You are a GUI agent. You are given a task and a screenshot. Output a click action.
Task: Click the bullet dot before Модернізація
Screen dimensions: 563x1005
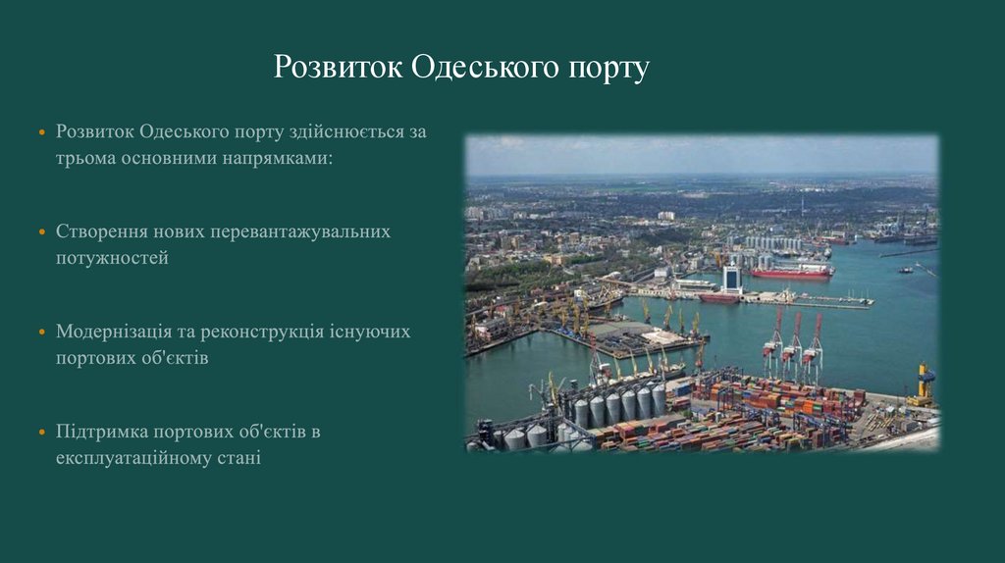click(x=41, y=333)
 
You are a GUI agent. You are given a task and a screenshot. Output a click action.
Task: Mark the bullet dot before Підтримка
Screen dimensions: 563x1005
click(x=41, y=433)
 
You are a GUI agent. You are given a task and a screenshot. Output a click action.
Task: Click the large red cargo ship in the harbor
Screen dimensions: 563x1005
click(x=791, y=273)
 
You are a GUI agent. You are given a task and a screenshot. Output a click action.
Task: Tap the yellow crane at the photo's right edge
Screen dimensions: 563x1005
click(x=923, y=382)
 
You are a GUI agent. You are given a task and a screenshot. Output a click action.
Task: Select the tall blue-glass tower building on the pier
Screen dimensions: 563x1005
click(x=732, y=278)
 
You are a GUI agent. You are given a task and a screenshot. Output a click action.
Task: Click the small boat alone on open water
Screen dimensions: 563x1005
click(x=905, y=270)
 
